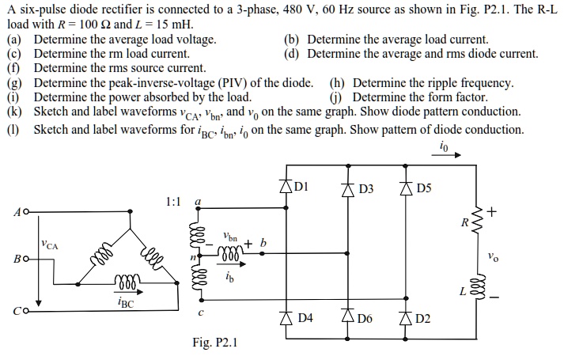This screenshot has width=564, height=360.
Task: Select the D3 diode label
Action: tap(365, 190)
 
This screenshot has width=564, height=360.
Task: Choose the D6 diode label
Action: tap(365, 319)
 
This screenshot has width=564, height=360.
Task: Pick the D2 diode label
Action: tap(423, 319)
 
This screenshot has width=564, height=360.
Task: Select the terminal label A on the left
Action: tap(17, 212)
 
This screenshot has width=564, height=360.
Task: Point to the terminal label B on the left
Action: tap(17, 258)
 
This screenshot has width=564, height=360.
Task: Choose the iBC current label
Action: tap(125, 300)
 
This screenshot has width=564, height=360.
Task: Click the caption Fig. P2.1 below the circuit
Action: tap(214, 343)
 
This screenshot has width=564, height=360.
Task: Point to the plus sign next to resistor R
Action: tap(493, 211)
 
